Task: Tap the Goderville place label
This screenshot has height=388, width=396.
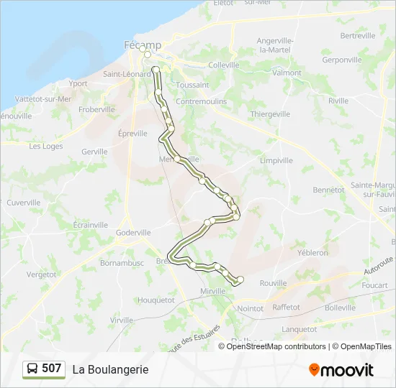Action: click(133, 233)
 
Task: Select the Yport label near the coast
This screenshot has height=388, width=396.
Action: click(78, 83)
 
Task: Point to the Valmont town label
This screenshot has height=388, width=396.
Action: click(287, 73)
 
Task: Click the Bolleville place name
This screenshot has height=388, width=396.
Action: click(340, 308)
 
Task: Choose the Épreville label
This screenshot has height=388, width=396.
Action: click(132, 134)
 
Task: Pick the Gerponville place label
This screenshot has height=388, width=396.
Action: click(343, 60)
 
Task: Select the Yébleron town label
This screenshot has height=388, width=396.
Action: click(312, 253)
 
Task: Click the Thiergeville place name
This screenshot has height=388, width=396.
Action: click(270, 114)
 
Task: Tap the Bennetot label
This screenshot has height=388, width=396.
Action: click(328, 190)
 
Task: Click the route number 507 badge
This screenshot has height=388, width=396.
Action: click(52, 369)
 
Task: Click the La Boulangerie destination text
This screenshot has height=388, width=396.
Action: click(110, 369)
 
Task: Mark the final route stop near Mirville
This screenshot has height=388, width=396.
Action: click(240, 280)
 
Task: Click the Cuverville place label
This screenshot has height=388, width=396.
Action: click(24, 203)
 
